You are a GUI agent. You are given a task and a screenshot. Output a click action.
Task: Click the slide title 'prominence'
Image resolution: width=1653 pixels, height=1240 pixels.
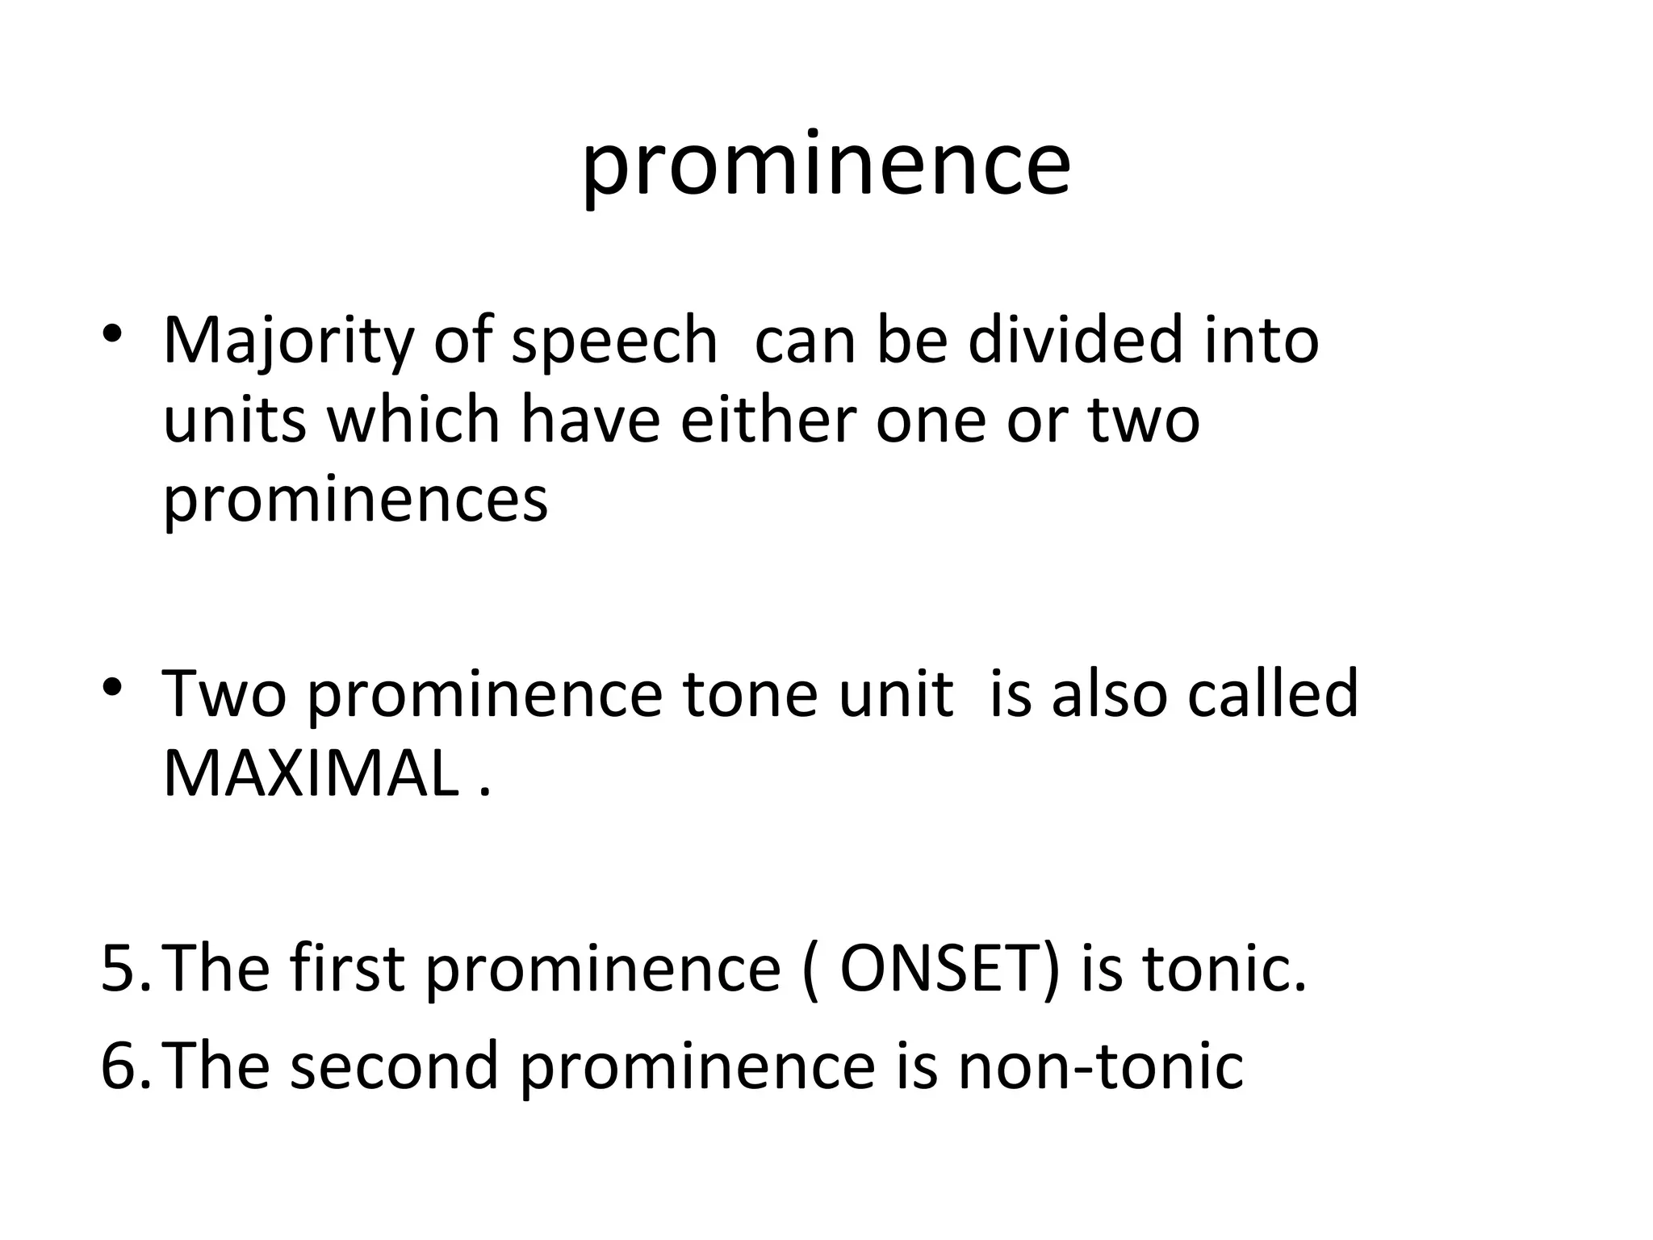pyautogui.click(x=826, y=166)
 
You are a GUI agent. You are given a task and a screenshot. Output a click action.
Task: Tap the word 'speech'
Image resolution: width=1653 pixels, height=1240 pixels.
pyautogui.click(x=614, y=341)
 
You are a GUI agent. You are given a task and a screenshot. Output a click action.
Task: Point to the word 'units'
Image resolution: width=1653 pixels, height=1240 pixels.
pyautogui.click(x=235, y=421)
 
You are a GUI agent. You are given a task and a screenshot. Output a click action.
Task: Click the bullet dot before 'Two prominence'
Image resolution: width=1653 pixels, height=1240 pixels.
pyautogui.click(x=112, y=687)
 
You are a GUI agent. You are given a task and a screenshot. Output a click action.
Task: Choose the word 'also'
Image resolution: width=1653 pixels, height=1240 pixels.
pyautogui.click(x=1109, y=693)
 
